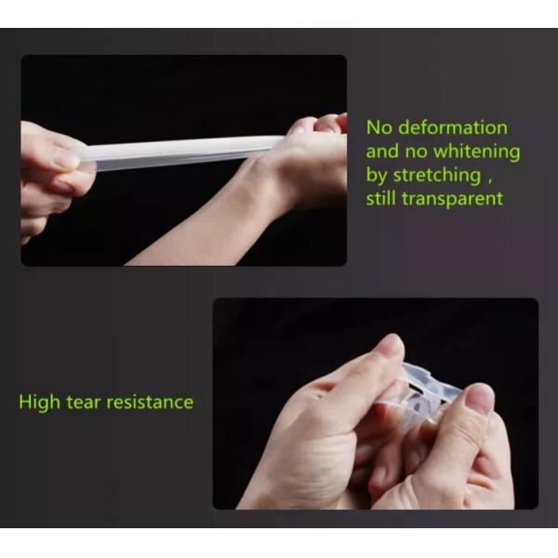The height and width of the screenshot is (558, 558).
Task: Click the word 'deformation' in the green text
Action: click(x=451, y=127)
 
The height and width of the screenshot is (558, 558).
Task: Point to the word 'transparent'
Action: click(x=455, y=197)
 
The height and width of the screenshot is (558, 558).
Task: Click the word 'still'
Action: click(x=384, y=197)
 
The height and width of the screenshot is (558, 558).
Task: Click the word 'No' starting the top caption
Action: click(x=379, y=127)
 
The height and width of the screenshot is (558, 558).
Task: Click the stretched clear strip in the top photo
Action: click(x=186, y=150)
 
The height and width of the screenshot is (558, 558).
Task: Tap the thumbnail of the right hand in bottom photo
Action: click(x=480, y=399)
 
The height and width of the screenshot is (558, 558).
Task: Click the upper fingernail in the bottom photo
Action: click(x=392, y=347)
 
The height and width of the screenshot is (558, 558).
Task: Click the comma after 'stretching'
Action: click(x=503, y=178)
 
